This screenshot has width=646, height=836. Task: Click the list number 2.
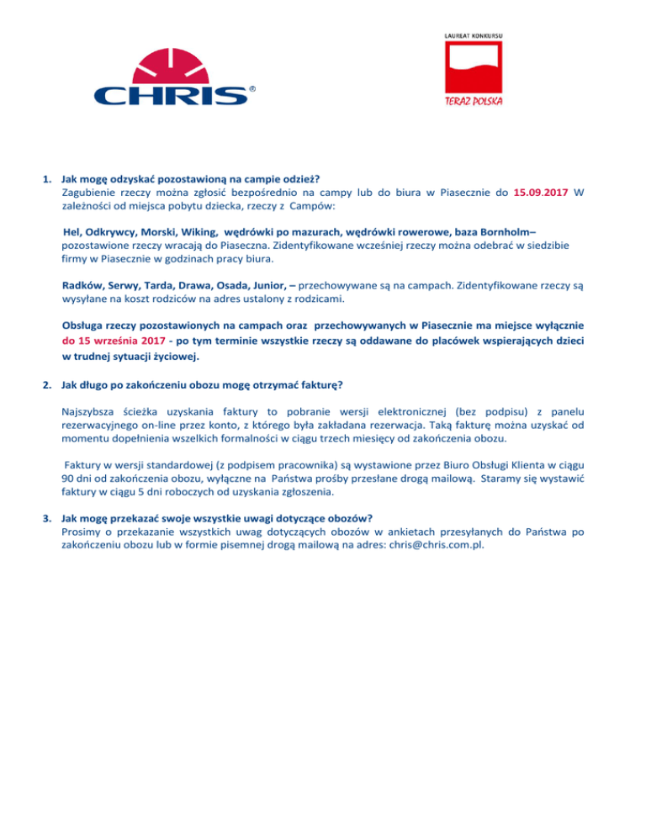[47, 385]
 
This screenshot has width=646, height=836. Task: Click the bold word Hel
[76, 231]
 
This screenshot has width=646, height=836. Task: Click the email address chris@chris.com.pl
[446, 544]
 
